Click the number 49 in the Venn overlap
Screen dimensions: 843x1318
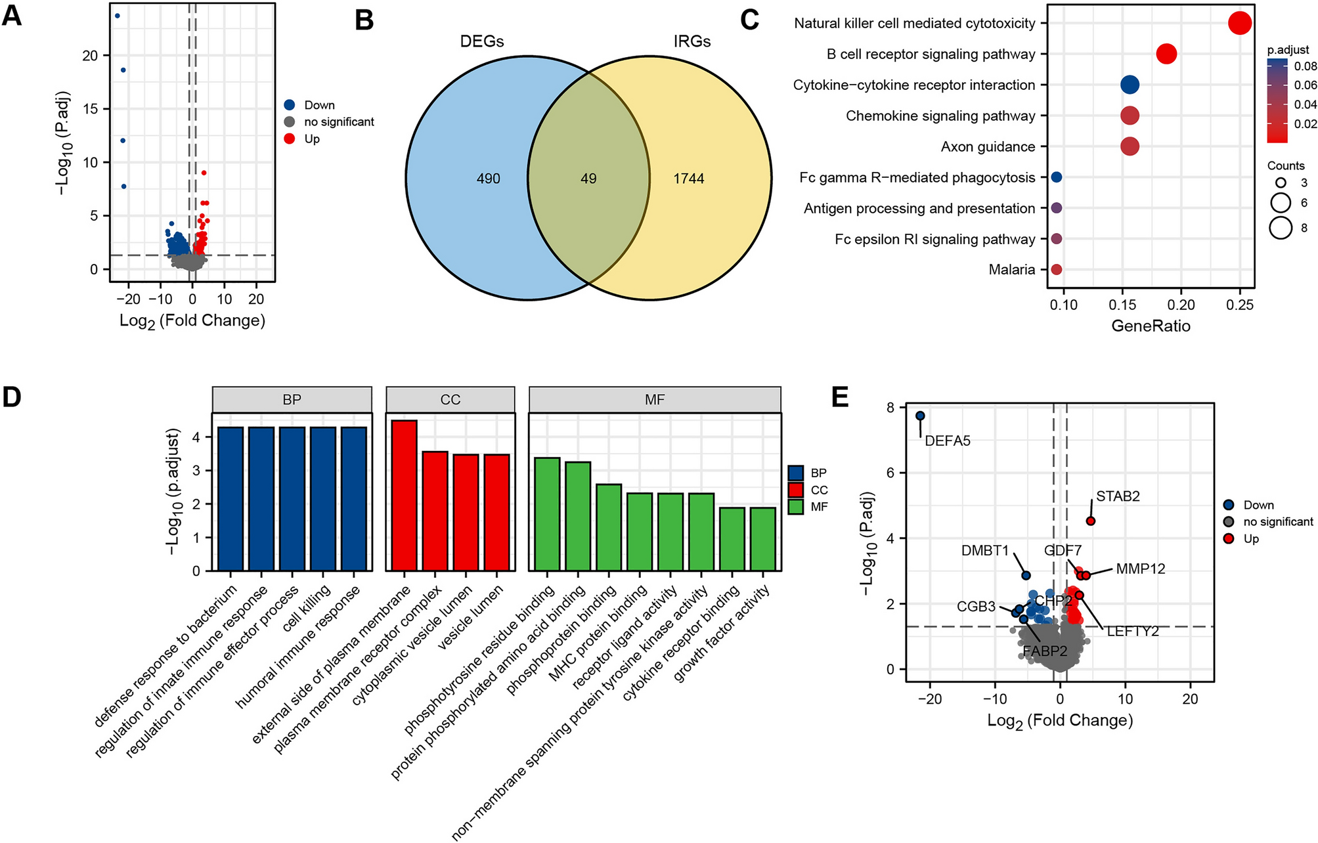[588, 179]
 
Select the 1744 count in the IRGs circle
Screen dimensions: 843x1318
[688, 179]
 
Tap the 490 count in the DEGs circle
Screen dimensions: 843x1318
[488, 179]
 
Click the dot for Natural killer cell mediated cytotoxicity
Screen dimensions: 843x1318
[1239, 23]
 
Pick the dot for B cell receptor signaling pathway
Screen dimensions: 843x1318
[1166, 54]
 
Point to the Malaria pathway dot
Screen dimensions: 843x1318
[1056, 269]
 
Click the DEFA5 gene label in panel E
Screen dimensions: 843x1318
[947, 441]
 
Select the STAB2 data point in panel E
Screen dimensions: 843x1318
[1090, 521]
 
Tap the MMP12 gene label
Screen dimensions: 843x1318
[1141, 569]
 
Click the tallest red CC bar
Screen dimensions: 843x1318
[405, 496]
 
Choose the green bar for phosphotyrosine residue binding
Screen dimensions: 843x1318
[548, 514]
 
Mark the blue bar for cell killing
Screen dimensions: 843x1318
[323, 499]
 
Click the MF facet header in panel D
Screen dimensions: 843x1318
[655, 399]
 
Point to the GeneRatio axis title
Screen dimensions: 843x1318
[1151, 326]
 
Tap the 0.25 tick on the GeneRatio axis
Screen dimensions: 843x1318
[1240, 305]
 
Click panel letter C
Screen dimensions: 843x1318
[749, 20]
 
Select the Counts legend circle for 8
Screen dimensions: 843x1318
[1281, 228]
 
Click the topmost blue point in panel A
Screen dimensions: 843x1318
[117, 16]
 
